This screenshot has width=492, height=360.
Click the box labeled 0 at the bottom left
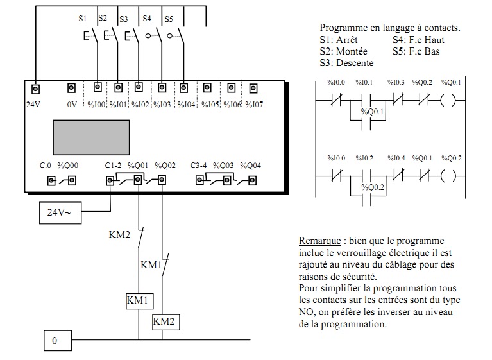[x=55, y=340]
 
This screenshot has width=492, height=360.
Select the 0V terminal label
[x=71, y=104]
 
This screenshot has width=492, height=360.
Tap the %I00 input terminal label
[x=97, y=104]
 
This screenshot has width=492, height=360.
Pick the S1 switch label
[x=82, y=19]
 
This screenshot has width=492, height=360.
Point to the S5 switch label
[x=169, y=19]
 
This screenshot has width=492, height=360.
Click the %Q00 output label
[x=67, y=166]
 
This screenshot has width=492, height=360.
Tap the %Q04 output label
[x=251, y=166]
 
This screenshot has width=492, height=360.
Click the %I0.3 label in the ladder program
[x=397, y=82]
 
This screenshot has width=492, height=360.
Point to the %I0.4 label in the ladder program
[x=397, y=157]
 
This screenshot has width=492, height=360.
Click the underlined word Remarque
[x=319, y=241]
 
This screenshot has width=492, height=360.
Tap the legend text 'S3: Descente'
[x=346, y=63]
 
